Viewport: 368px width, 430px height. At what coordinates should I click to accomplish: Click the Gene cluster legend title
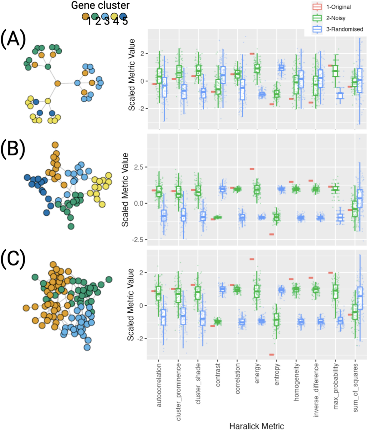pos(100,5)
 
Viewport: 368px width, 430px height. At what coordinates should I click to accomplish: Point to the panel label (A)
pos(13,39)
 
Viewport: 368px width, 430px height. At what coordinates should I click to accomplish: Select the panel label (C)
pos(13,259)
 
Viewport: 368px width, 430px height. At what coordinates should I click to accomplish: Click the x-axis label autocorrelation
pos(159,385)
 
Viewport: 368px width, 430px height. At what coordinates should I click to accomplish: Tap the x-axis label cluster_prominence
pos(178,391)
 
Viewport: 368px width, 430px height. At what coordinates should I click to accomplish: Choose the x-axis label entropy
pos(277,375)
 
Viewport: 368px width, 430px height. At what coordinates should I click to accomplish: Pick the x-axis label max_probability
pos(336,386)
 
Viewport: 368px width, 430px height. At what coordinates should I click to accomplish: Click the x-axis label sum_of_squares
pos(356,388)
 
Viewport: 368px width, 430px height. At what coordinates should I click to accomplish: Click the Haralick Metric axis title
pos(256,426)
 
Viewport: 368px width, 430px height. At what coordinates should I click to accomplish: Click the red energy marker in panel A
pos(252,54)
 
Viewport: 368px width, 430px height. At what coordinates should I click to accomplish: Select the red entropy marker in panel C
pos(272,354)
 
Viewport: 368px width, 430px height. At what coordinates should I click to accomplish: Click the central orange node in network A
pos(58,84)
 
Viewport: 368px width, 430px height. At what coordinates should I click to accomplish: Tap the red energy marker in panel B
pos(252,169)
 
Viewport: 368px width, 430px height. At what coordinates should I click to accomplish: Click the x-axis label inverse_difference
pos(316,390)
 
